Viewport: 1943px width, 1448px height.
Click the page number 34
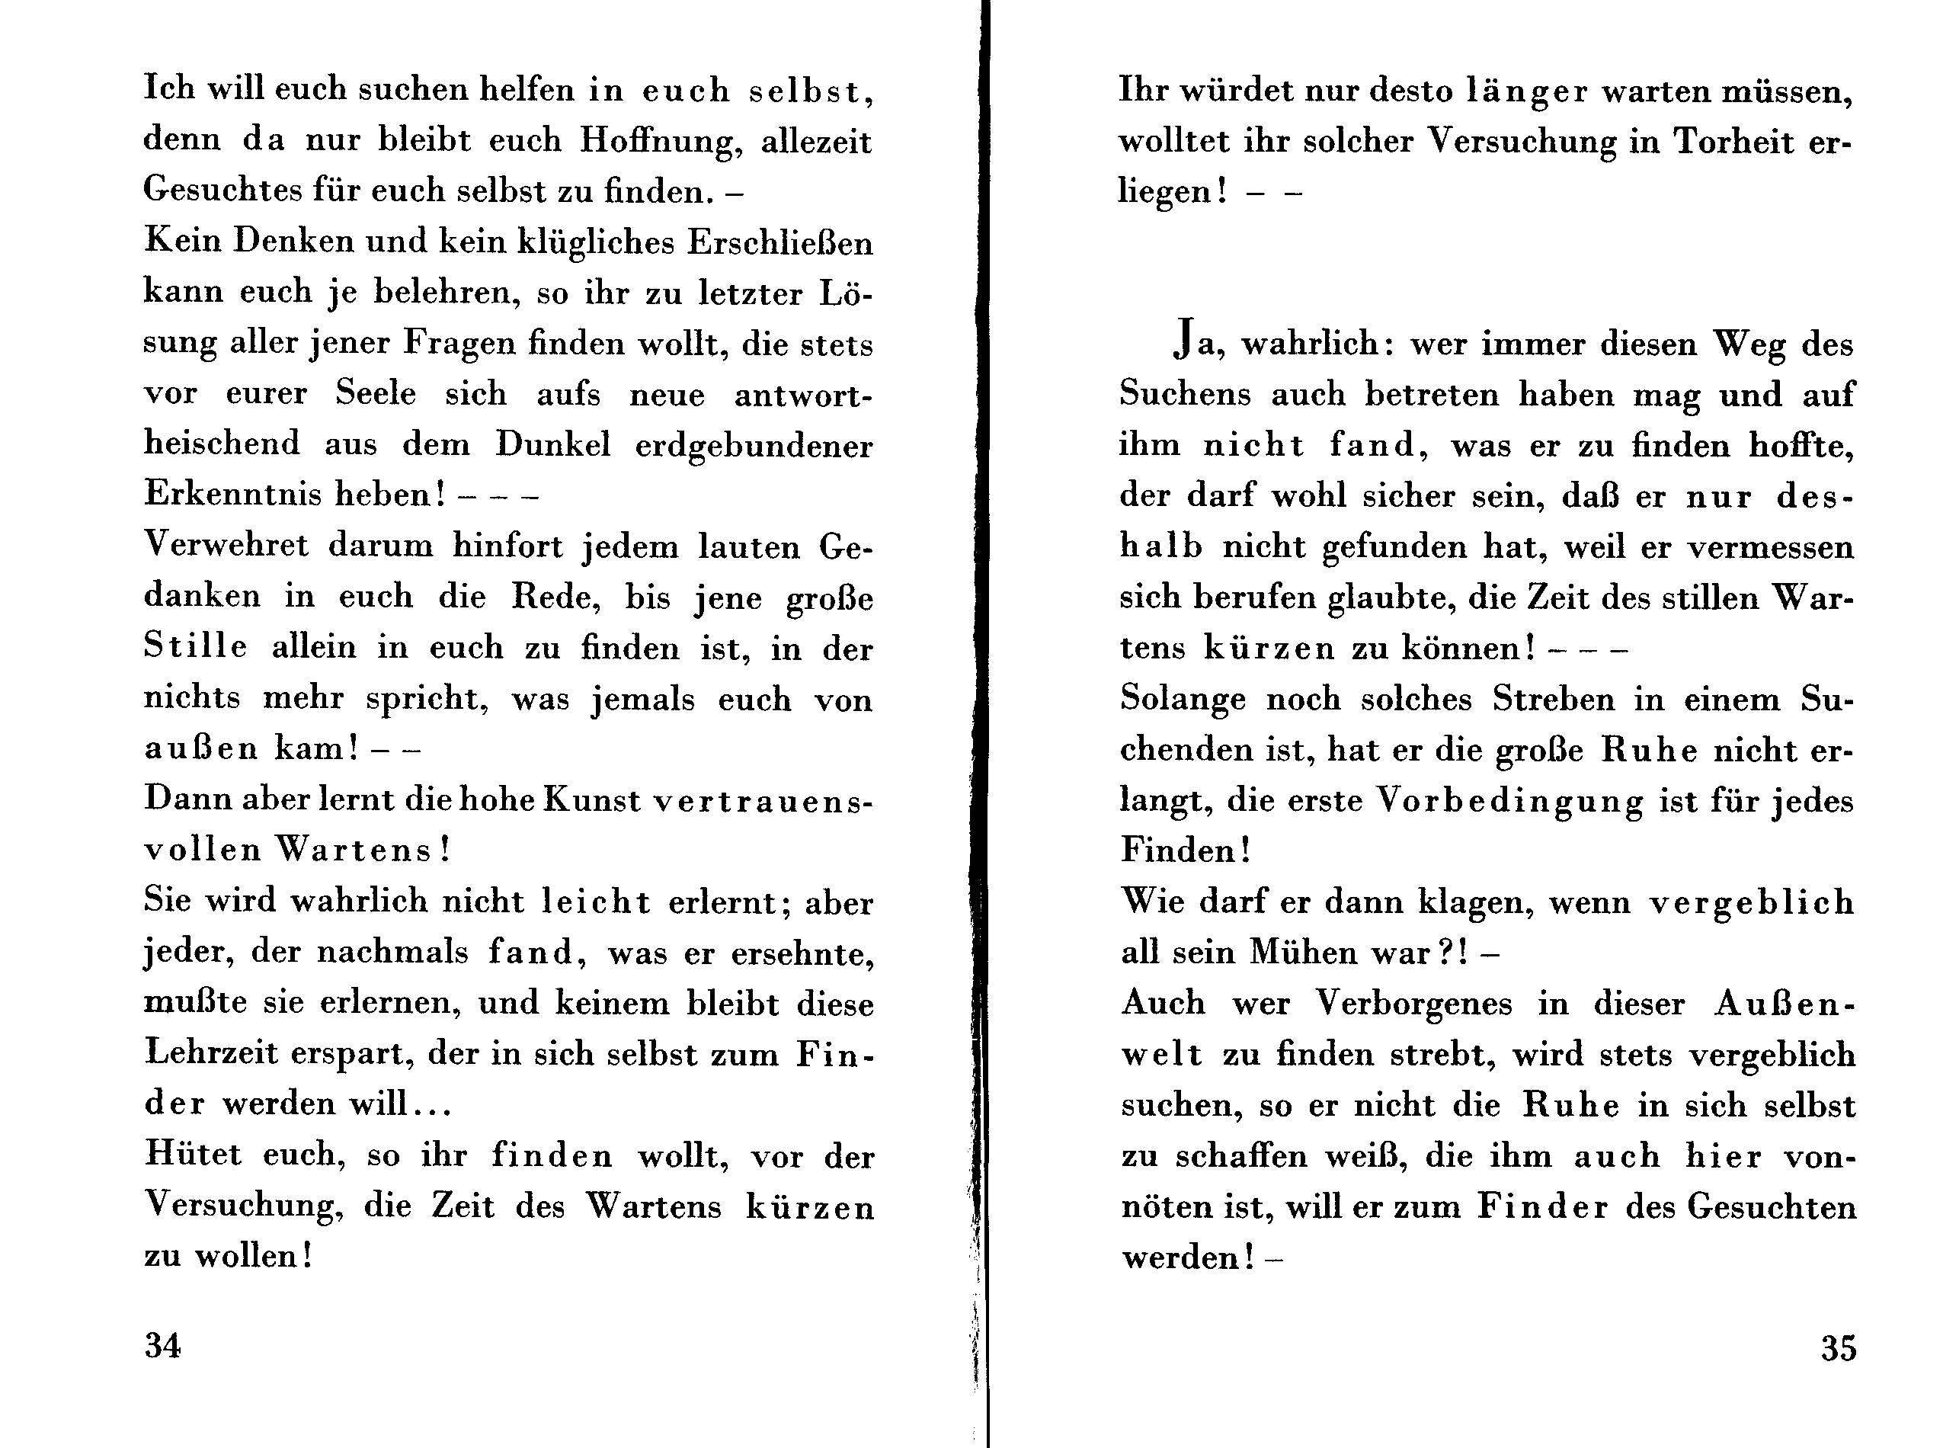(163, 1344)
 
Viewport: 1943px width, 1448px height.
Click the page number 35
(1838, 1347)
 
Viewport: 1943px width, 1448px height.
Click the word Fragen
(459, 344)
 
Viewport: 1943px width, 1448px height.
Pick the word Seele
(375, 393)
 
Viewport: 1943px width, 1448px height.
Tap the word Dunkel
(552, 444)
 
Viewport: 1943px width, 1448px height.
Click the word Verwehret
(226, 545)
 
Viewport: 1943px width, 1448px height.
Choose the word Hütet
(193, 1154)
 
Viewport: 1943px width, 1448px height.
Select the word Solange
(1183, 700)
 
